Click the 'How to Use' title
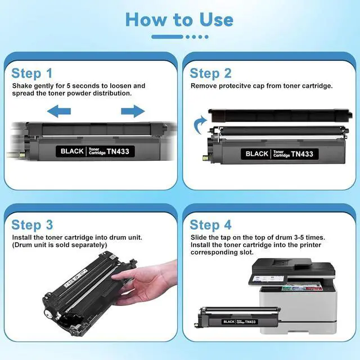click(x=179, y=20)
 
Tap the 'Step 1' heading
click(x=32, y=74)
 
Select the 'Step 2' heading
click(x=210, y=74)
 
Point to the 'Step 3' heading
click(x=32, y=225)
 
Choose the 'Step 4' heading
click(x=210, y=225)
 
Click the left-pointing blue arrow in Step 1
click(x=59, y=111)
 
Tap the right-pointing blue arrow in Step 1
click(x=133, y=111)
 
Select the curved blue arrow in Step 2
click(x=200, y=125)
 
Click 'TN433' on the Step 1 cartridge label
click(x=118, y=151)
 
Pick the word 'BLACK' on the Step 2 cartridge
click(x=257, y=154)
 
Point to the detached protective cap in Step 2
click(x=280, y=115)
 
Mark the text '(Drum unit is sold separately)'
click(x=60, y=245)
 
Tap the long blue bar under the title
click(x=167, y=37)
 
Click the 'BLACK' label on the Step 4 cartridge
click(x=229, y=322)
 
